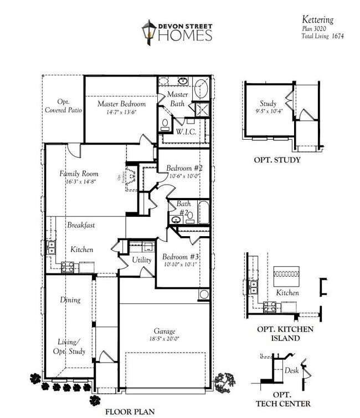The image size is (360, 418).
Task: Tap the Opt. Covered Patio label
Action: (63, 106)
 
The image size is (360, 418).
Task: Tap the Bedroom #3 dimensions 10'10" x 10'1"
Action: (179, 265)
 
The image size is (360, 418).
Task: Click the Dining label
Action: (70, 300)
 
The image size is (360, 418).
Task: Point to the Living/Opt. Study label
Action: (70, 346)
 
